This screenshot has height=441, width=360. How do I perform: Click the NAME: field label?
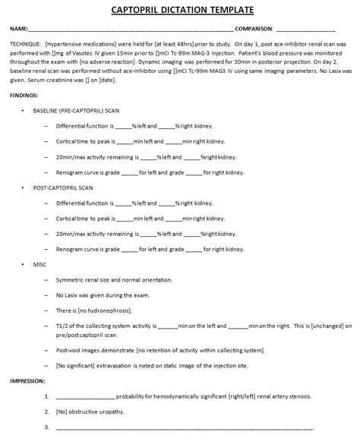20,29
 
